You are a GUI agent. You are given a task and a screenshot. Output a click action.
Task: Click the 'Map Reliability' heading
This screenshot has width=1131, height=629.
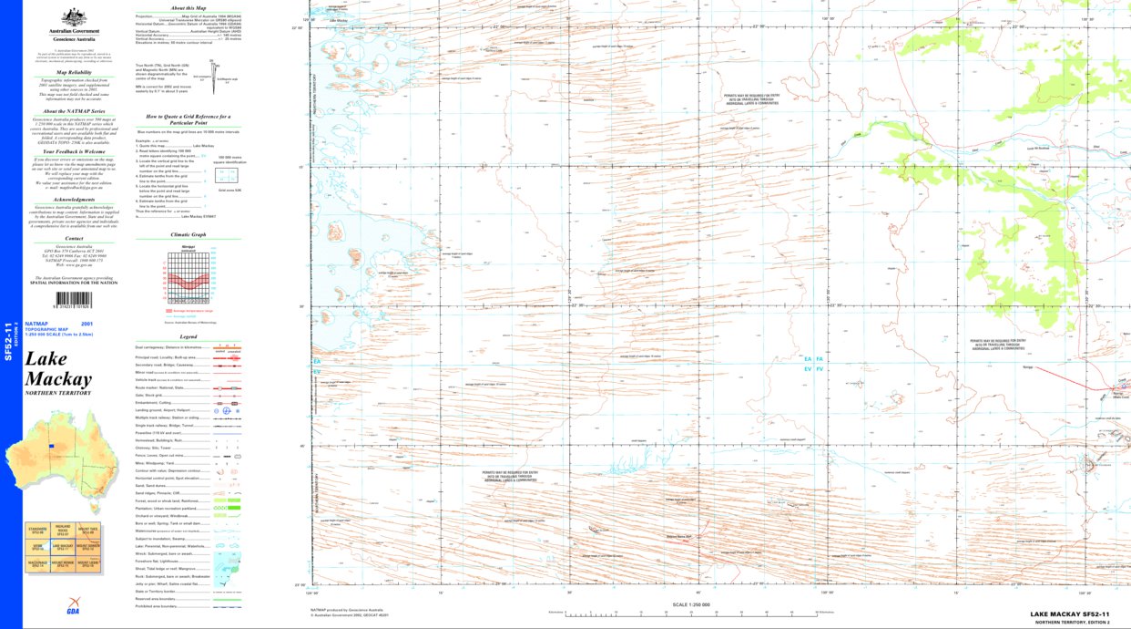tap(75, 71)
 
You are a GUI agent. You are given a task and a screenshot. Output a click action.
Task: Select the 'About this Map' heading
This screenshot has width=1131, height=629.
tap(188, 7)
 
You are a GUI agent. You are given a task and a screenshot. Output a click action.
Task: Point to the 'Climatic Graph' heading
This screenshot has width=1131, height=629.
tap(188, 234)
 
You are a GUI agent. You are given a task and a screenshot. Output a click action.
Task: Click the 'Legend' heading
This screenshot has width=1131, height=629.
tap(188, 336)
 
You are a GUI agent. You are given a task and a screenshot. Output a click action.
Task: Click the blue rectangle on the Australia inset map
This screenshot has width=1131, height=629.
tap(53, 446)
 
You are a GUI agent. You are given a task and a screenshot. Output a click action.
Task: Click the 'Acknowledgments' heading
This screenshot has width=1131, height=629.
tap(75, 200)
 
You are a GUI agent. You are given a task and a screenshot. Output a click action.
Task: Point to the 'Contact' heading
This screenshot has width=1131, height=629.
tap(75, 239)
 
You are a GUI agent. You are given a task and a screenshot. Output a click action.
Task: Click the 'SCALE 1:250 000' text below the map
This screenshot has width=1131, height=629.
tap(689, 604)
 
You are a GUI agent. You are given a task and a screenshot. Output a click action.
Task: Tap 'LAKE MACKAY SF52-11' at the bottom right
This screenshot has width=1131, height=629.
tap(1070, 614)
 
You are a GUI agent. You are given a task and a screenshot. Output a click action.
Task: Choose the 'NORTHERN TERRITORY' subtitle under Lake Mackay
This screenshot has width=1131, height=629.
tap(58, 393)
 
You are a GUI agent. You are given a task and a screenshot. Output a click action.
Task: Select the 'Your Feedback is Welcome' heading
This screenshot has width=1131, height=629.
tap(75, 151)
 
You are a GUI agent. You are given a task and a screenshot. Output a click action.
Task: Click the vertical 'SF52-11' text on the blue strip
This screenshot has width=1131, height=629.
tap(9, 342)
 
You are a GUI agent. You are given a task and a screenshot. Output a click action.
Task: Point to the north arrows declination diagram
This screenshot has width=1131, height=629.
tap(214, 71)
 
